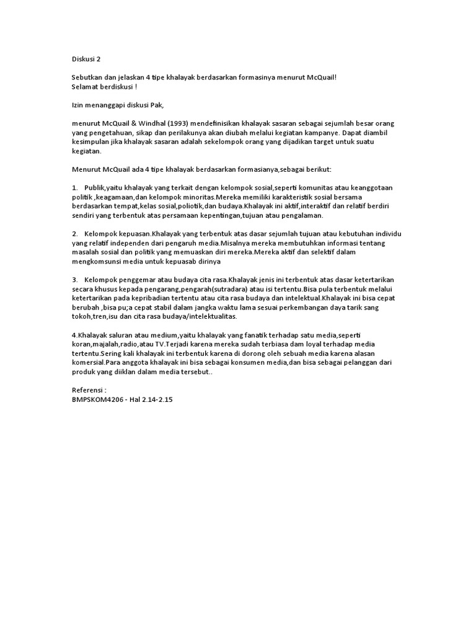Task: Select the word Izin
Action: coord(77,105)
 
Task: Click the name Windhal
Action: coord(152,123)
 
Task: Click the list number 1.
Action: coord(74,187)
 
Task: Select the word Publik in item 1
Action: coord(94,187)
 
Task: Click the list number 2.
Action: coord(74,233)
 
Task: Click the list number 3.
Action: coord(74,280)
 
